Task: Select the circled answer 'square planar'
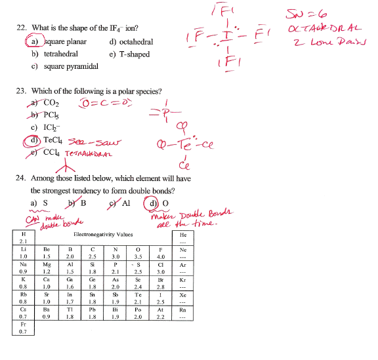pyautogui.click(x=60, y=42)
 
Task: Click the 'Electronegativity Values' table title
pyautogui.click(x=104, y=233)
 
